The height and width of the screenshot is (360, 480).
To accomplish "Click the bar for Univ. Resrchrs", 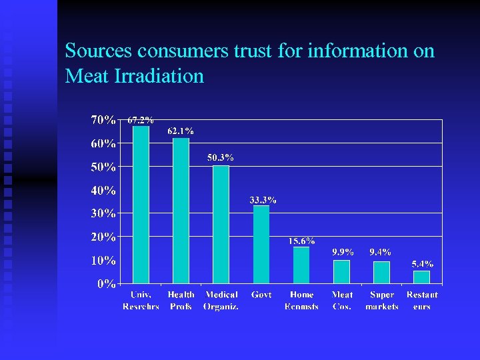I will [x=141, y=205].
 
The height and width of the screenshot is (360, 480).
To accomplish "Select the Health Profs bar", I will [x=181, y=211].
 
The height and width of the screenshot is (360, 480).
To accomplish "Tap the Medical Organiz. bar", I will [x=221, y=225].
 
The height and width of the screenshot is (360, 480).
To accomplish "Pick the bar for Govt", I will [x=261, y=245].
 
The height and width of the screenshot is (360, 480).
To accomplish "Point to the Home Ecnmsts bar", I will [x=301, y=265].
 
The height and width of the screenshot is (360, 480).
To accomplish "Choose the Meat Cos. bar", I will [x=341, y=272].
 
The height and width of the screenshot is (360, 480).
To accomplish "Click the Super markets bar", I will [x=381, y=273].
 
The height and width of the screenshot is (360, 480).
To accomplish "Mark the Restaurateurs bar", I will [x=421, y=277].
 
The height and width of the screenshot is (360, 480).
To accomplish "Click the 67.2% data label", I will [x=141, y=121].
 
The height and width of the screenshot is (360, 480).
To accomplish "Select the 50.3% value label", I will [x=221, y=158].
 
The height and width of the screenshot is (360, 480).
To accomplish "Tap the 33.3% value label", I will [x=263, y=200].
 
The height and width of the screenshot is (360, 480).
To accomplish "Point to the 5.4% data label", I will [x=422, y=264].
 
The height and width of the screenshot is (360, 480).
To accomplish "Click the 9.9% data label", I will [x=343, y=253].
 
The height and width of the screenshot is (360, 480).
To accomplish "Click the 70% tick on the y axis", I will [x=103, y=121].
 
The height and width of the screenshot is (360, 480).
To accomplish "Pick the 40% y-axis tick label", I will [x=103, y=191].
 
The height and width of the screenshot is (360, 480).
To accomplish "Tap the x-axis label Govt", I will [x=261, y=295].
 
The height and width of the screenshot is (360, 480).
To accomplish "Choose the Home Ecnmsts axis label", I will [x=301, y=301].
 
